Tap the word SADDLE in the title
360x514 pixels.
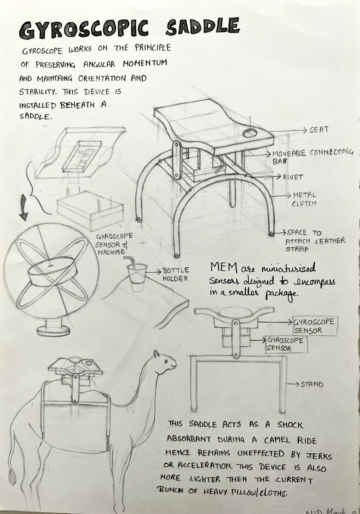(203, 27)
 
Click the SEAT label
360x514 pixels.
(319, 130)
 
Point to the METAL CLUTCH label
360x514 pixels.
(304, 199)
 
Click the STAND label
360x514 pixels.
(312, 384)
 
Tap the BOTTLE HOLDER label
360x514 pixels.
(176, 274)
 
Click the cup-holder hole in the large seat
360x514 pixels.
(250, 133)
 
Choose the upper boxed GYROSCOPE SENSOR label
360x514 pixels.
(315, 326)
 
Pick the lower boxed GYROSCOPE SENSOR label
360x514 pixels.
(284, 345)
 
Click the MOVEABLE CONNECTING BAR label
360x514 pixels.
(313, 157)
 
